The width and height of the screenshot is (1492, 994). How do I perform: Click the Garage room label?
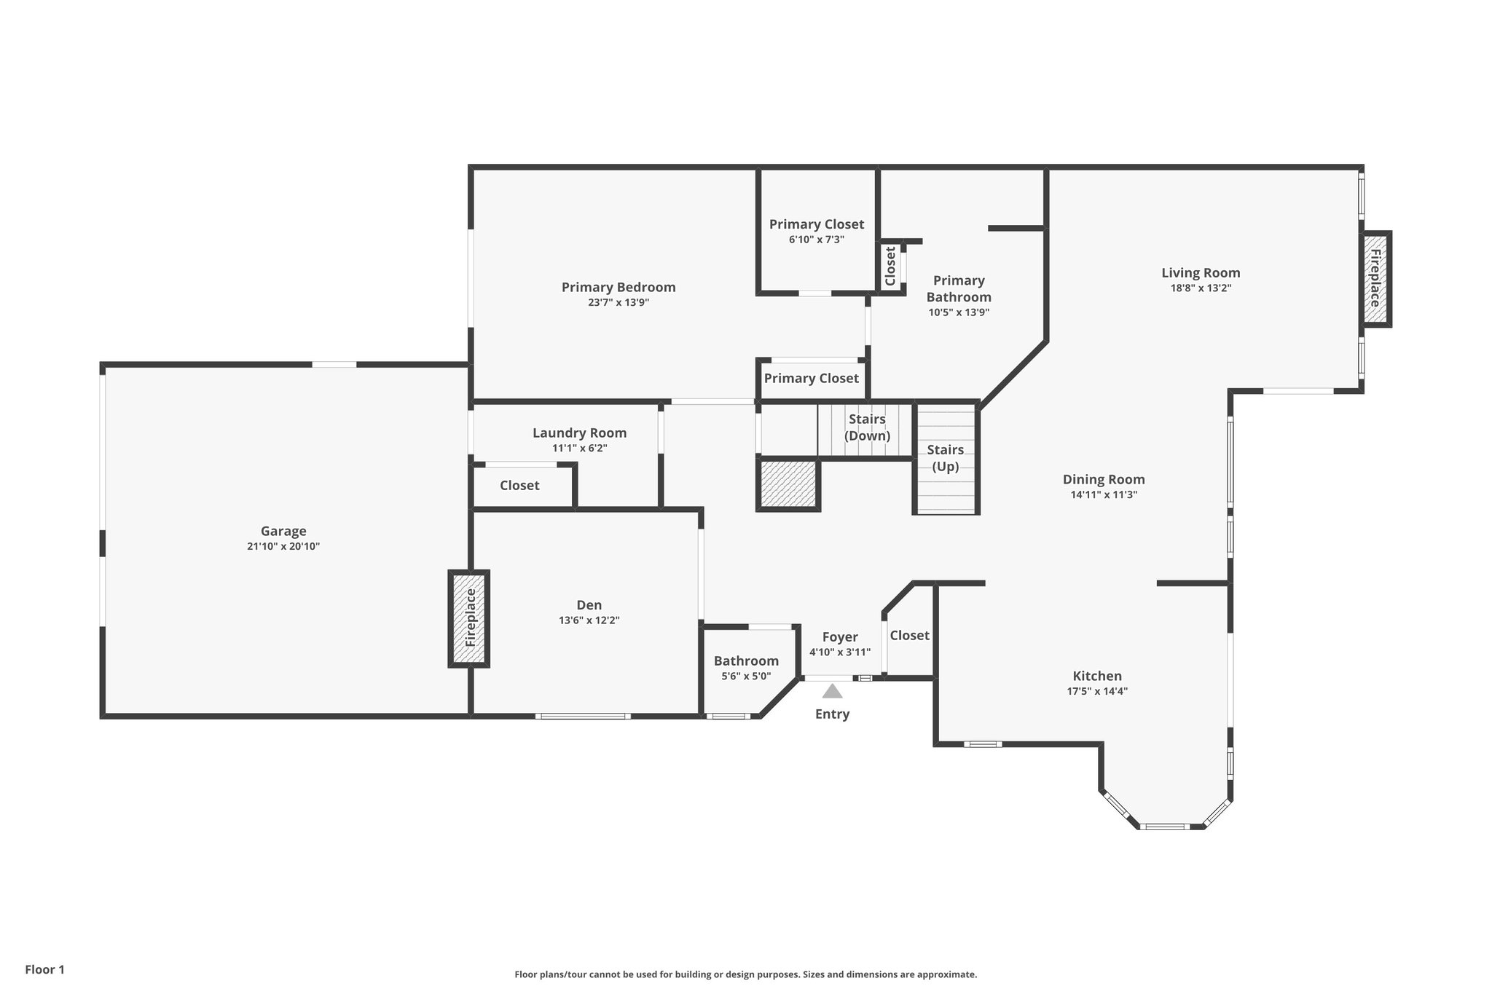pyautogui.click(x=283, y=531)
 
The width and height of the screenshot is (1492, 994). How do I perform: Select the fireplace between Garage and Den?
pyautogui.click(x=469, y=618)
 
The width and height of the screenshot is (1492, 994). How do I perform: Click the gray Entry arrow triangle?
pyautogui.click(x=832, y=691)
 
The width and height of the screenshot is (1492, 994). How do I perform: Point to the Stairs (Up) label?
pyautogui.click(x=946, y=458)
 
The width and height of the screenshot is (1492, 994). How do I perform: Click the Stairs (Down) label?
pyautogui.click(x=867, y=427)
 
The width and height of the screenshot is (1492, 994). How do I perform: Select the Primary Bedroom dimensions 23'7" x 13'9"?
pyautogui.click(x=619, y=303)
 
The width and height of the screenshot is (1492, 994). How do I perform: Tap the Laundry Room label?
pyautogui.click(x=579, y=433)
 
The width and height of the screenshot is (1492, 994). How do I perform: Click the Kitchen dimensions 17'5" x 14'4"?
pyautogui.click(x=1097, y=692)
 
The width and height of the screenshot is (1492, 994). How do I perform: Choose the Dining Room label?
pyautogui.click(x=1104, y=479)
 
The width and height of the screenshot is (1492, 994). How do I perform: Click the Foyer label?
pyautogui.click(x=840, y=637)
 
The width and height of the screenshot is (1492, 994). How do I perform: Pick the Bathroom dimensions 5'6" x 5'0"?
pyautogui.click(x=746, y=677)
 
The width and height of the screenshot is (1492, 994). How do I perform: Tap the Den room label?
pyautogui.click(x=589, y=605)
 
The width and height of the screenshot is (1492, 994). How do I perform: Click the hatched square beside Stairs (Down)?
pyautogui.click(x=788, y=484)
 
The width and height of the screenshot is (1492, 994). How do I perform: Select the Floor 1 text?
pyautogui.click(x=45, y=970)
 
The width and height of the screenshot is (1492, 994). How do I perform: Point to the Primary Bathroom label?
pyautogui.click(x=959, y=289)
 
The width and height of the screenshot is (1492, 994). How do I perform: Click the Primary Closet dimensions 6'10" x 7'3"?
pyautogui.click(x=816, y=240)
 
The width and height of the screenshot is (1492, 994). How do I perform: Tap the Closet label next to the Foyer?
pyautogui.click(x=909, y=636)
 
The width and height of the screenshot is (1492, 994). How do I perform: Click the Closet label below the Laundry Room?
pyautogui.click(x=519, y=486)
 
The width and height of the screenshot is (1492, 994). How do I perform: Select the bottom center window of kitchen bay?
pyautogui.click(x=1163, y=827)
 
